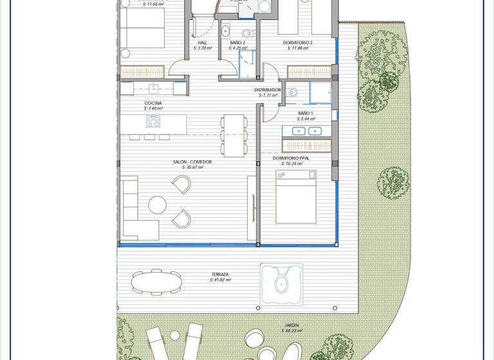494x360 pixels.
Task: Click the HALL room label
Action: (x=202, y=42)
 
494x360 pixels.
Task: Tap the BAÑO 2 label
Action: (x=237, y=42)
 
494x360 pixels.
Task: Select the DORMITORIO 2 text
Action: (x=297, y=42)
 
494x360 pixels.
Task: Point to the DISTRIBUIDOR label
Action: (x=268, y=90)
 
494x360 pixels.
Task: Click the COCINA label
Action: (x=153, y=103)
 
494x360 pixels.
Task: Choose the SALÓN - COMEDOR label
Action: (x=192, y=161)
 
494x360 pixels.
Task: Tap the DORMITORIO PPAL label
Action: (x=291, y=158)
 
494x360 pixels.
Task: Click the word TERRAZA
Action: (x=220, y=274)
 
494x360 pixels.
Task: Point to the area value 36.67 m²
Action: (x=193, y=167)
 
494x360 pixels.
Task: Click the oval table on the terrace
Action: (x=156, y=282)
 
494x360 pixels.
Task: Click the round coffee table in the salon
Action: (x=158, y=205)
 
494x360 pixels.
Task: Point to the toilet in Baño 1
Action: (x=291, y=92)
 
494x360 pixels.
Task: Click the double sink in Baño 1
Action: (x=306, y=131)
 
